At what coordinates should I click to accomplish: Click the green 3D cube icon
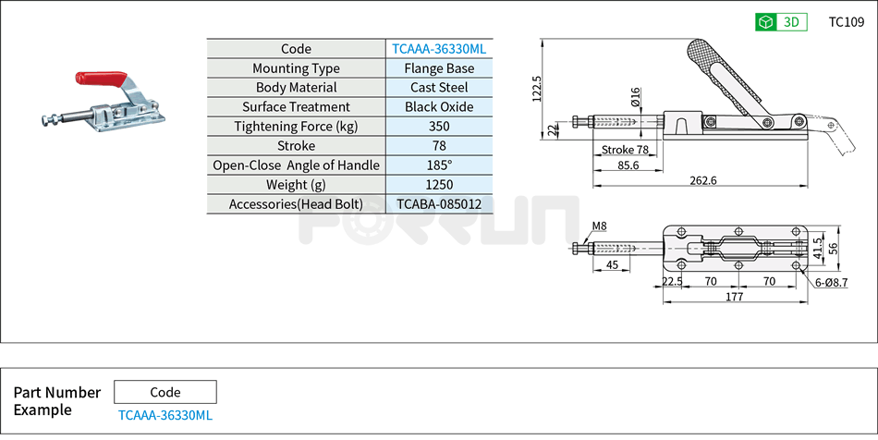764,22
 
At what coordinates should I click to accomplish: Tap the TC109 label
847,22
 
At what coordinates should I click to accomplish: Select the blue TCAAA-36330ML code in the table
439,49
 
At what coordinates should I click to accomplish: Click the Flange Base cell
439,68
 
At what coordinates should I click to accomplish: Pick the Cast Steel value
439,88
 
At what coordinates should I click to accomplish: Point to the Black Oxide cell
439,107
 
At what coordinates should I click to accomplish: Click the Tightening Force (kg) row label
296,127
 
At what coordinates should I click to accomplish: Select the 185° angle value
439,165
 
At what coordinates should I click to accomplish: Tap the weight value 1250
439,185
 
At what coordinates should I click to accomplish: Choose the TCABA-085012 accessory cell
439,204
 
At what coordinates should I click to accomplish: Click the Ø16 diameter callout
636,97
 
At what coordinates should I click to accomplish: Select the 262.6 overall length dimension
702,180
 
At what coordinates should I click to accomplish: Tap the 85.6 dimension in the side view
628,165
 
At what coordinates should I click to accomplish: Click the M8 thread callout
599,226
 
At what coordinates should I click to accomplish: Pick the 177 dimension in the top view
735,297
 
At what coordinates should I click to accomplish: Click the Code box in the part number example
165,392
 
